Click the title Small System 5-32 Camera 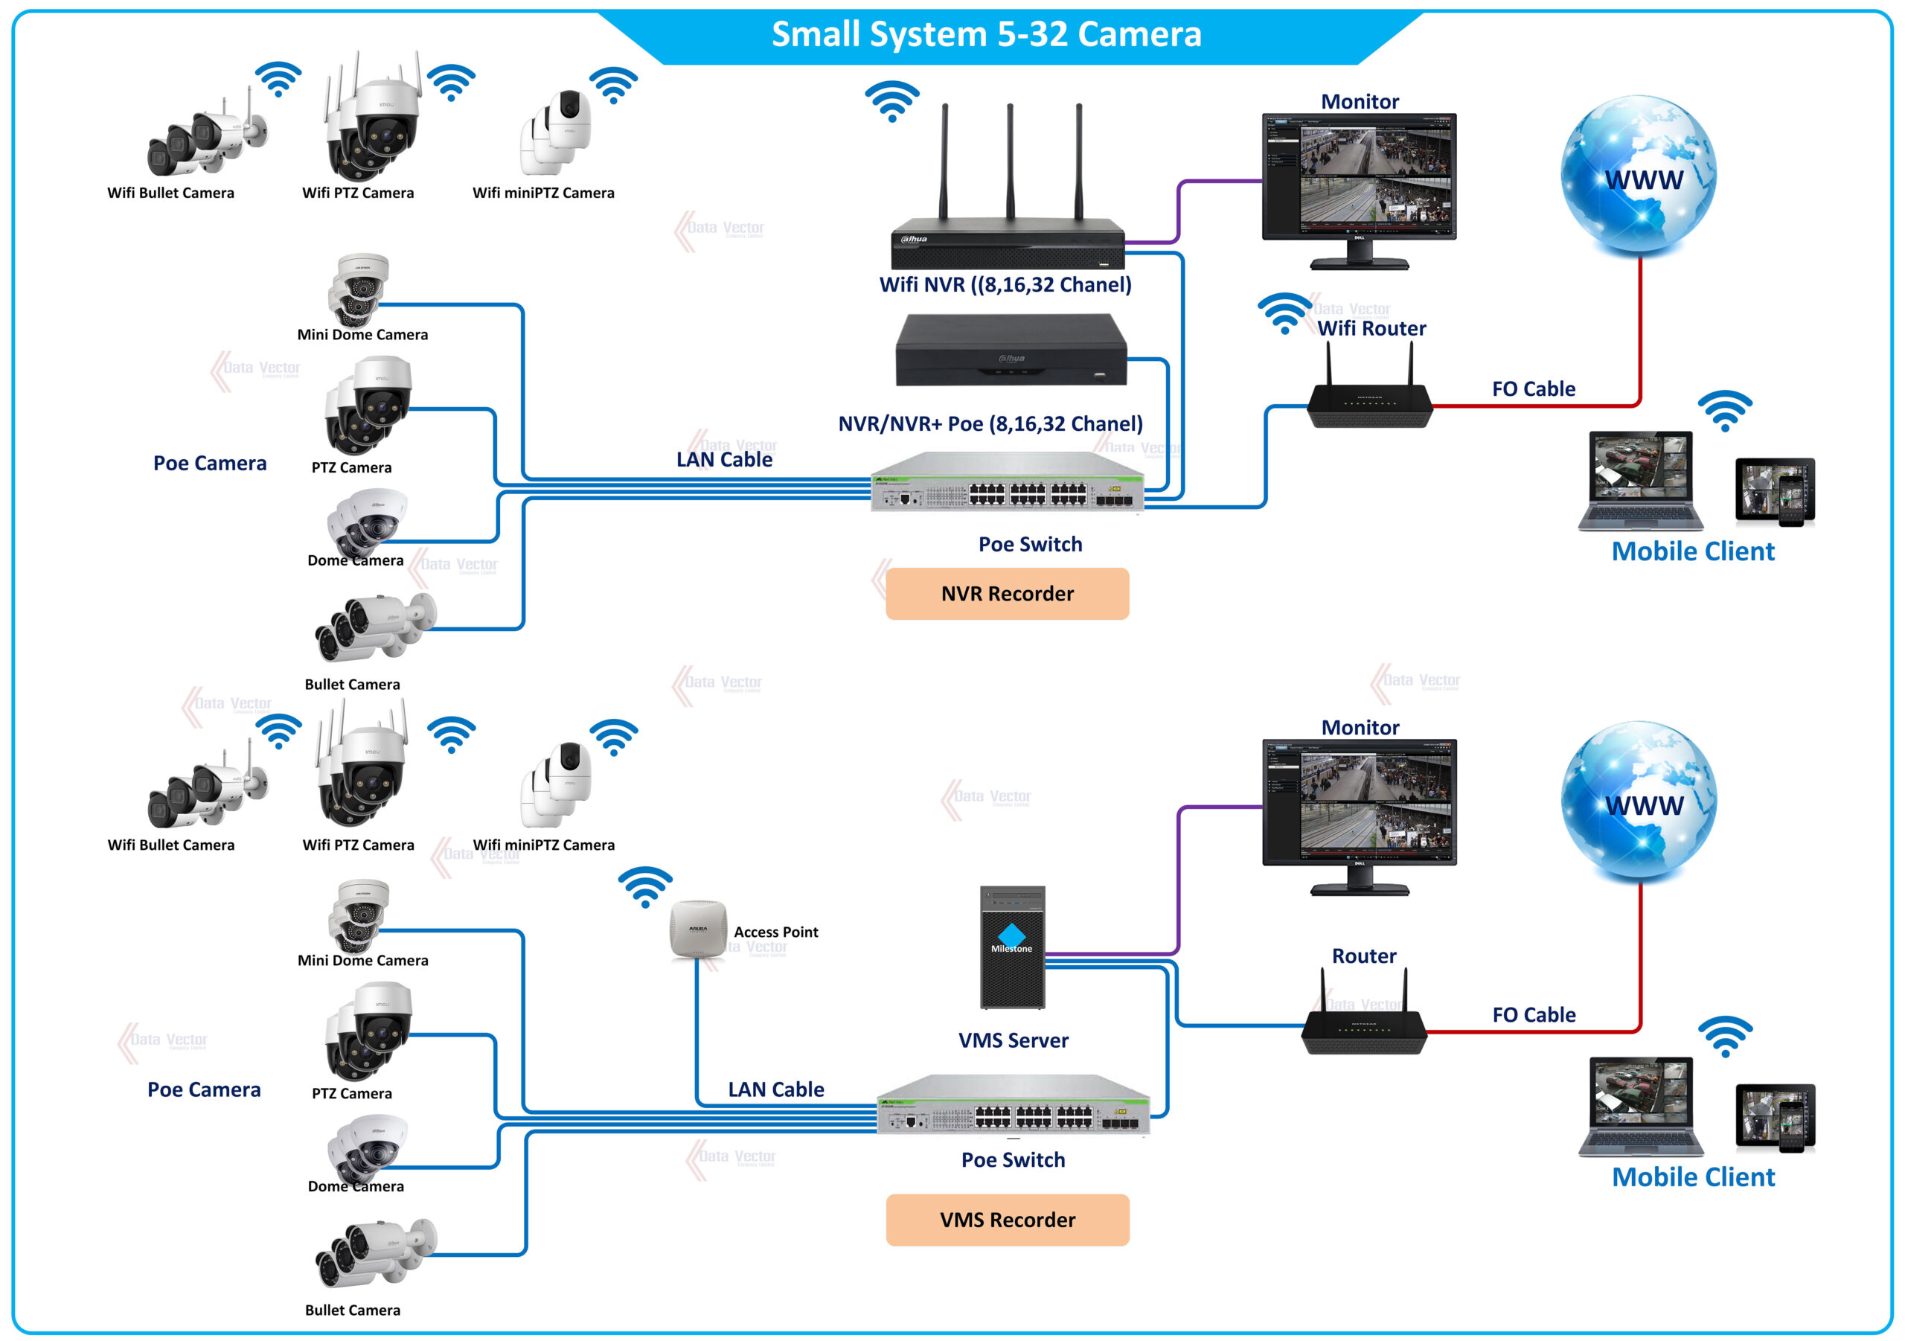click(986, 34)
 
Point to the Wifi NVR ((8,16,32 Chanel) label click(1005, 284)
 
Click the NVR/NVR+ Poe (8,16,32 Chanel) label click(990, 424)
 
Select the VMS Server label click(1012, 1040)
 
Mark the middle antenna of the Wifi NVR click(1010, 158)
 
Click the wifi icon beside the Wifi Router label click(1284, 313)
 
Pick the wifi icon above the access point click(644, 886)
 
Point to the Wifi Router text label click(1371, 329)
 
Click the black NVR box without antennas click(1011, 351)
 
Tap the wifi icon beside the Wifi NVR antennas click(892, 100)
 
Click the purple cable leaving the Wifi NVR click(1178, 211)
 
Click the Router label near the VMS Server click(1363, 956)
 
